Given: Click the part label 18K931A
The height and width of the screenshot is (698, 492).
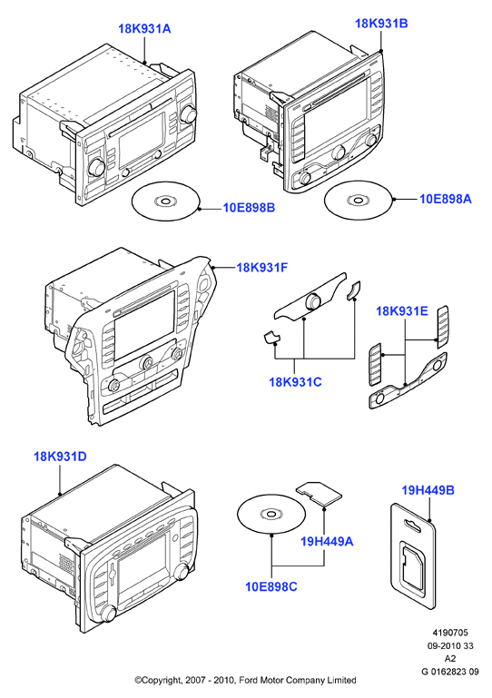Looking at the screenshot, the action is pyautogui.click(x=144, y=29).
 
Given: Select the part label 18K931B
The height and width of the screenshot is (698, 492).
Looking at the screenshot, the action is pyautogui.click(x=381, y=24).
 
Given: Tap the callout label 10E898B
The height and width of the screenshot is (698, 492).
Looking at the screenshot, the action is pyautogui.click(x=250, y=208).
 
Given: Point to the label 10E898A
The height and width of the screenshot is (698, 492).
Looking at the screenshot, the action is pyautogui.click(x=445, y=199).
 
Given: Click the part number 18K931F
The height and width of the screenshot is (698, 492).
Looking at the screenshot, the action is pyautogui.click(x=262, y=268).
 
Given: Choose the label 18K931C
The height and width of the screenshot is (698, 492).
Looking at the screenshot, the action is pyautogui.click(x=295, y=382).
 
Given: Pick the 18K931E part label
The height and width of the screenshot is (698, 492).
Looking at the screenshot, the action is pyautogui.click(x=402, y=310).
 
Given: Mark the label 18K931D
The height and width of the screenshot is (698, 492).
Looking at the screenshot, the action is pyautogui.click(x=60, y=457).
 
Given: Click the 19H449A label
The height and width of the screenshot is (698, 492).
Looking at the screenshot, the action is pyautogui.click(x=327, y=541).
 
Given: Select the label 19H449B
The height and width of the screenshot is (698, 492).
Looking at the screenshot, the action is pyautogui.click(x=428, y=490).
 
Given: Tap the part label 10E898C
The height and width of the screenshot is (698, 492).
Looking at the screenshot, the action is pyautogui.click(x=271, y=586).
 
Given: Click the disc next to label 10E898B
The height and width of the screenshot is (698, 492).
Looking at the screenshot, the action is pyautogui.click(x=165, y=202).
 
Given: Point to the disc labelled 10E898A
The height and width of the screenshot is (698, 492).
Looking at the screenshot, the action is pyautogui.click(x=358, y=201).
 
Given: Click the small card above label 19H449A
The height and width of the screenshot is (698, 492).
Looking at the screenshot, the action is pyautogui.click(x=319, y=492).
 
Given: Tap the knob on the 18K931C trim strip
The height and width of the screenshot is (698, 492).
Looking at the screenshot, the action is pyautogui.click(x=313, y=301).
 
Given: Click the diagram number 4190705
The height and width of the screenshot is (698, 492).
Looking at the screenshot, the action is pyautogui.click(x=450, y=633).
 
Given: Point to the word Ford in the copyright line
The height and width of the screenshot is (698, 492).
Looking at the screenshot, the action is pyautogui.click(x=249, y=680).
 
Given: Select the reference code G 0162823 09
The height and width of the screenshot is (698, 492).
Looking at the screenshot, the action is pyautogui.click(x=450, y=672).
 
